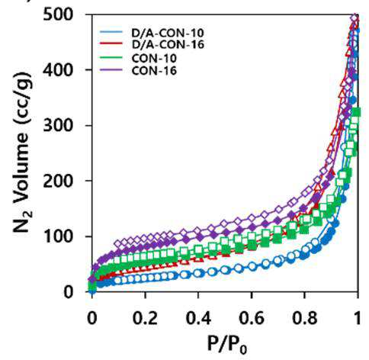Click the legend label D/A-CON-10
click(168, 33)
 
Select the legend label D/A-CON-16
click(168, 44)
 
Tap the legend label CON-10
click(154, 59)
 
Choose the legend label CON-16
click(154, 71)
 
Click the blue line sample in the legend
click(111, 32)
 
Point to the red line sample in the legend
click(111, 43)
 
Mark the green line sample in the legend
click(111, 57)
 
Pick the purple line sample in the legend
click(111, 69)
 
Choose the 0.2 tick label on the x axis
click(145, 318)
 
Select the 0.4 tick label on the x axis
click(198, 318)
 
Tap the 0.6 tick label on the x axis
click(252, 318)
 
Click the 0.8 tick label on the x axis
click(304, 318)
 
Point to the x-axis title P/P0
click(227, 345)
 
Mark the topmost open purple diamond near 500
click(355, 18)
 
